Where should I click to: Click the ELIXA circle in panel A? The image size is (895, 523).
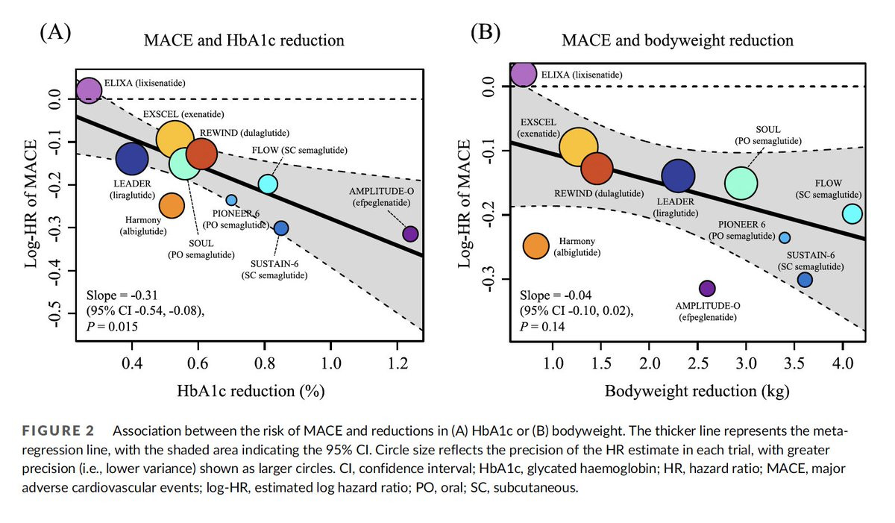tap(89, 90)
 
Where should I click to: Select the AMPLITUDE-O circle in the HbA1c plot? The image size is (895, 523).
tap(410, 234)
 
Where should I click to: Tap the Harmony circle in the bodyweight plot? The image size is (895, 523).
tap(536, 245)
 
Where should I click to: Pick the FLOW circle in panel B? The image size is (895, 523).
tap(852, 214)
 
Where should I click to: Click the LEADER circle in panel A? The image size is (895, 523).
tap(132, 157)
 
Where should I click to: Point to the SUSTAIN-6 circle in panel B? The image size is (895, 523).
tap(805, 280)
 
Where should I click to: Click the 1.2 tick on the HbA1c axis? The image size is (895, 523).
tap(398, 364)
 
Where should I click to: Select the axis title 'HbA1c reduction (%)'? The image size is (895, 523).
tap(249, 391)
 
